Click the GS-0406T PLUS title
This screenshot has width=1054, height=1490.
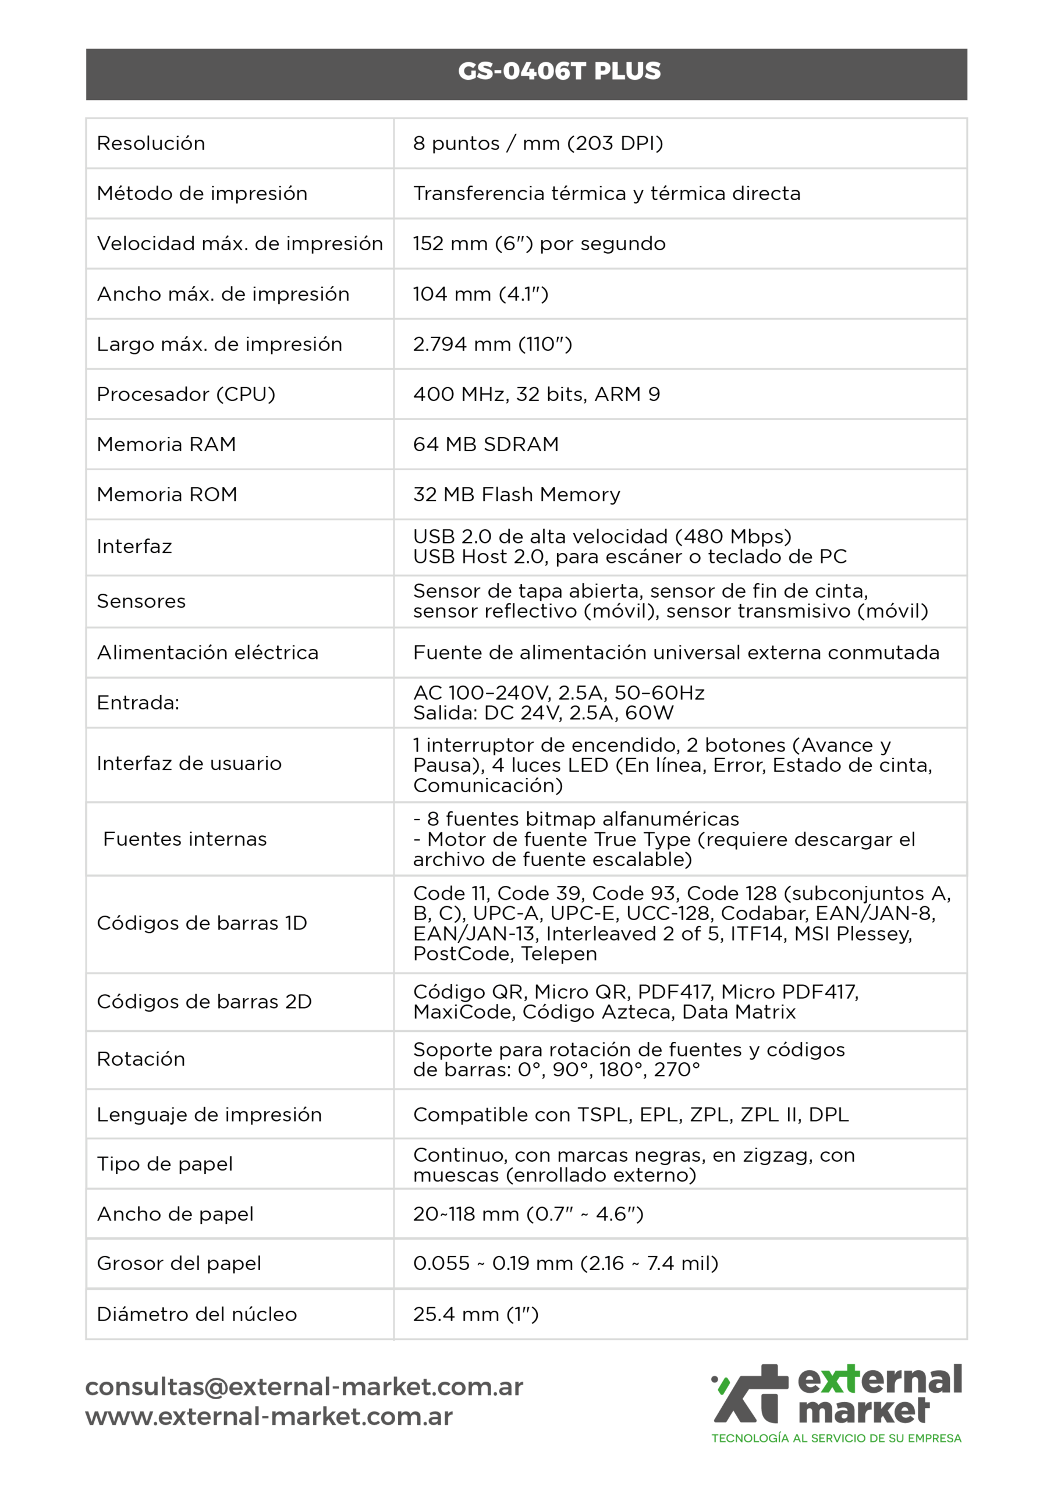click(x=559, y=71)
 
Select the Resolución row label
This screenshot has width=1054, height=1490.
click(x=151, y=143)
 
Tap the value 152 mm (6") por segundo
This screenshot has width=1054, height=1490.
click(x=539, y=244)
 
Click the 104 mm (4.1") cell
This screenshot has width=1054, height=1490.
click(x=480, y=294)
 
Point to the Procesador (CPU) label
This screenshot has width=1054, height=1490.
click(x=186, y=394)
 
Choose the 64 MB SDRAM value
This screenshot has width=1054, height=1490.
click(x=485, y=445)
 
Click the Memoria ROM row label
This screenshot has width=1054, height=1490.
click(x=167, y=495)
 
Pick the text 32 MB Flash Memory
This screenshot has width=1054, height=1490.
click(x=516, y=495)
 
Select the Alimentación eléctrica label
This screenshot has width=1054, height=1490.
click(x=208, y=652)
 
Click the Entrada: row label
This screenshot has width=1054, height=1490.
click(x=137, y=703)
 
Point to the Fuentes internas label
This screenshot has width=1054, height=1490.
click(x=185, y=839)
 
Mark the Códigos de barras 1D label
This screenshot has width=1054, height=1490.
click(x=202, y=923)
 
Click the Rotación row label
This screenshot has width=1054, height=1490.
click(x=141, y=1059)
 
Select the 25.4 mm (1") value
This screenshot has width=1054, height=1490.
click(x=475, y=1314)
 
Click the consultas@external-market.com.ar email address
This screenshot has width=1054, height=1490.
click(x=304, y=1387)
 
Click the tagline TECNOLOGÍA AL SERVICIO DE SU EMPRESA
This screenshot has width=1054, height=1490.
click(x=836, y=1438)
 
